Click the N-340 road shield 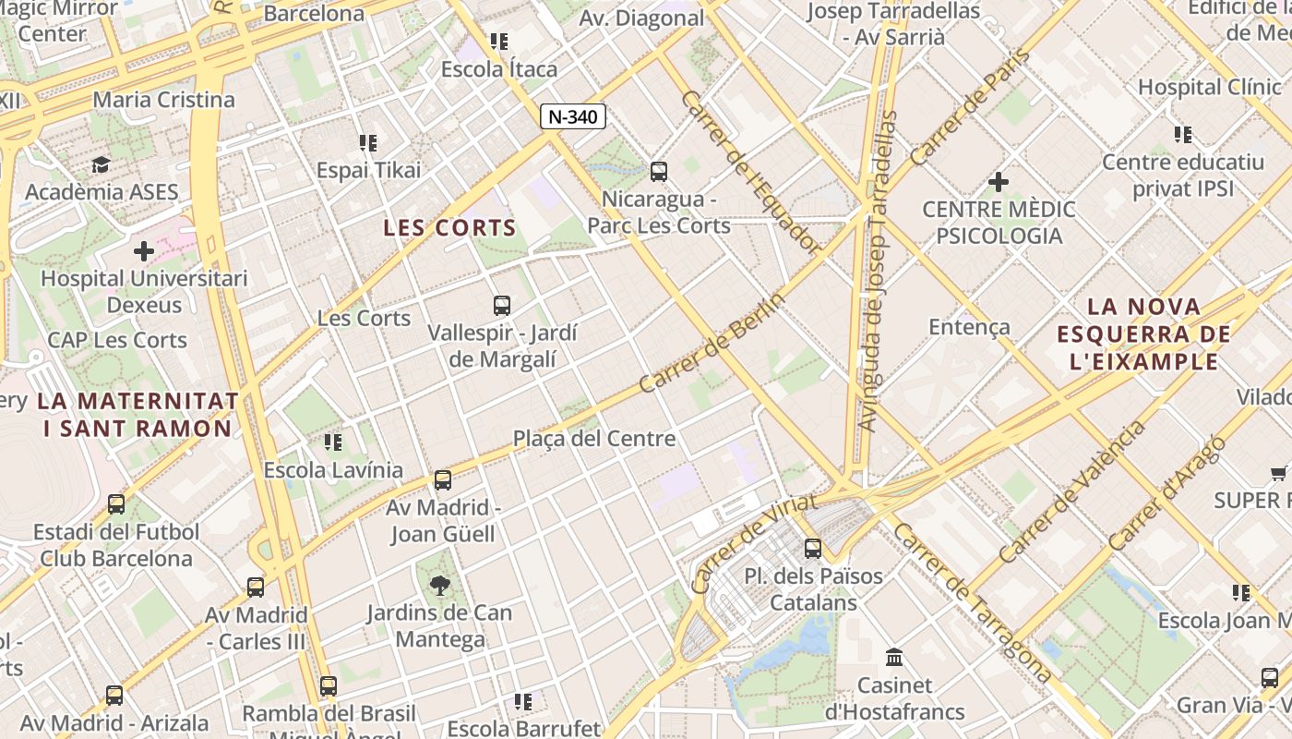(x=573, y=116)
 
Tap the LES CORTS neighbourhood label (x=449, y=227)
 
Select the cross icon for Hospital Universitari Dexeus (x=144, y=251)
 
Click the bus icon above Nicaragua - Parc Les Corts (x=659, y=171)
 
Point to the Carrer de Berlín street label (x=712, y=343)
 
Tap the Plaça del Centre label (x=594, y=438)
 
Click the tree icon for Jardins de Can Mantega (x=440, y=584)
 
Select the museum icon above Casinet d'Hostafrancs (x=894, y=658)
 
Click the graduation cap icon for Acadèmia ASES (x=101, y=164)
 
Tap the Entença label (x=969, y=327)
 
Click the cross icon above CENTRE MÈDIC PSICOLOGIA (x=998, y=182)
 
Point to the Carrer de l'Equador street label (x=750, y=172)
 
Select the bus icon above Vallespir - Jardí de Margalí (x=502, y=305)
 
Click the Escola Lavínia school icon (x=333, y=442)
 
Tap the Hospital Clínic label (x=1209, y=87)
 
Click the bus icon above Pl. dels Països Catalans (x=813, y=549)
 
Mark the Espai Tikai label (x=368, y=170)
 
